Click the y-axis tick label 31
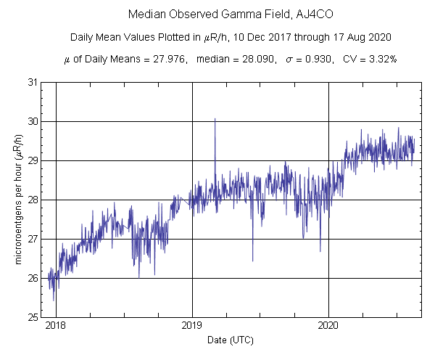[x=33, y=82]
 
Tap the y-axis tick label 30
[x=33, y=121]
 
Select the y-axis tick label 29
[x=33, y=160]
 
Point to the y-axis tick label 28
[x=33, y=200]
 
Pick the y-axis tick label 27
[x=33, y=239]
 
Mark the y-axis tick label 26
[x=33, y=278]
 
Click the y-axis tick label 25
[x=33, y=317]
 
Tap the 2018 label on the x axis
[x=56, y=327]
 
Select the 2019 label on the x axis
[x=192, y=327]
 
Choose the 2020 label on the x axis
[x=328, y=327]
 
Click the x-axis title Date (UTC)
[x=231, y=340]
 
